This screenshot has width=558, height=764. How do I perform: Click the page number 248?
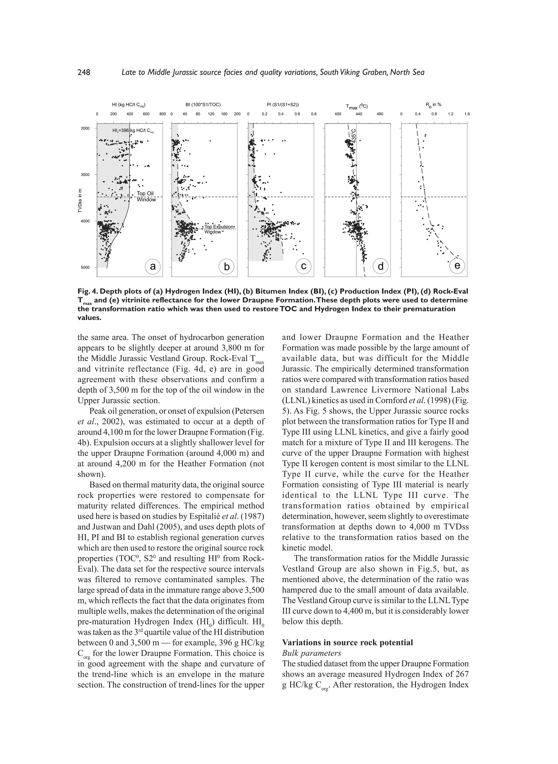[x=84, y=72]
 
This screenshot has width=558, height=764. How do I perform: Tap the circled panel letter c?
[x=304, y=266]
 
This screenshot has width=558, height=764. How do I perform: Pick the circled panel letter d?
[x=381, y=266]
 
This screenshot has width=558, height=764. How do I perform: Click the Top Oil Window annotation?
[x=146, y=197]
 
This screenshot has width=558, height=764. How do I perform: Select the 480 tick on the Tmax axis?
[x=380, y=114]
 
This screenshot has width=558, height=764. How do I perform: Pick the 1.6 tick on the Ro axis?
[x=467, y=114]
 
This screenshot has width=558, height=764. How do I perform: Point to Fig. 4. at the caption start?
[x=87, y=291]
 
